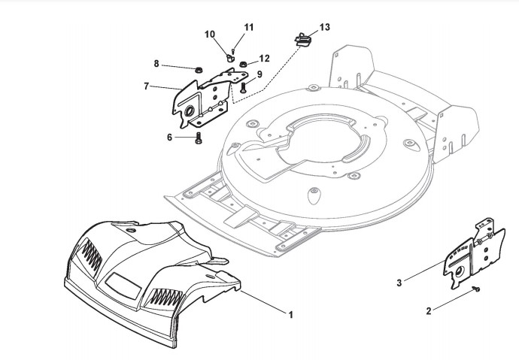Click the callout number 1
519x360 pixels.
(290, 315)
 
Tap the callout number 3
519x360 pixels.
(399, 282)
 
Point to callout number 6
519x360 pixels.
(169, 137)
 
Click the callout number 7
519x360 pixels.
(147, 86)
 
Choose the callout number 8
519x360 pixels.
(156, 65)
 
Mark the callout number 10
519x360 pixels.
(210, 34)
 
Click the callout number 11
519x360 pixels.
(248, 27)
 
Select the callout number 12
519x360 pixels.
(265, 58)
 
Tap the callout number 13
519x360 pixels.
(324, 27)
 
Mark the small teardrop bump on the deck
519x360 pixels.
(311, 195)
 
